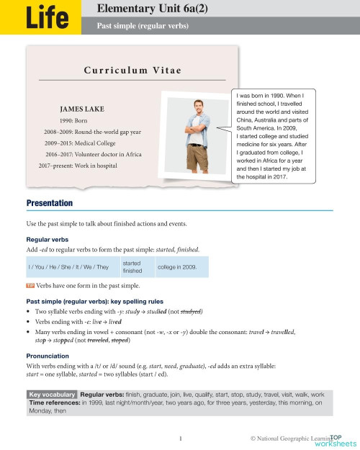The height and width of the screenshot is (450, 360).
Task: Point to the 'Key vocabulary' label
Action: [x=51, y=395]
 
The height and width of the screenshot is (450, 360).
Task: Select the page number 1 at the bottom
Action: [x=179, y=436]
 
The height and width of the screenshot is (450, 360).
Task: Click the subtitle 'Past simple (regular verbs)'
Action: [x=142, y=25]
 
